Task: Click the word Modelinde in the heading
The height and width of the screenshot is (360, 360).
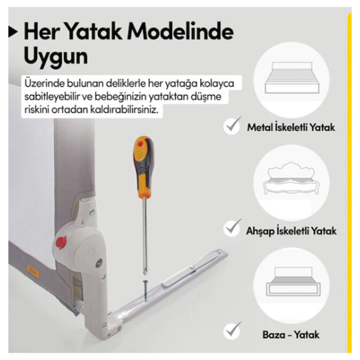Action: [180, 31]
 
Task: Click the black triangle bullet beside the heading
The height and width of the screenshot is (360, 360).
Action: [13, 31]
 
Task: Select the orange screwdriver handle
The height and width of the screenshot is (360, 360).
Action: [144, 167]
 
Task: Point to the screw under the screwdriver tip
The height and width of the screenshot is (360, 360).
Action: [145, 290]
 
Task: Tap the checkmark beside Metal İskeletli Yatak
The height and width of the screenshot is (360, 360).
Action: [233, 126]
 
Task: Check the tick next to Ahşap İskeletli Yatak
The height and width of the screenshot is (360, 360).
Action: [233, 228]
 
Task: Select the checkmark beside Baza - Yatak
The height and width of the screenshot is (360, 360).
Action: [233, 331]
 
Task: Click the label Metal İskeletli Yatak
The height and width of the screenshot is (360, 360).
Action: [291, 127]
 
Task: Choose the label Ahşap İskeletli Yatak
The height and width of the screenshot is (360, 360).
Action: [291, 231]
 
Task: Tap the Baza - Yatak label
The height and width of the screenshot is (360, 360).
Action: [291, 335]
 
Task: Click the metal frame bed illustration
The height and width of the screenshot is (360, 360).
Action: [292, 77]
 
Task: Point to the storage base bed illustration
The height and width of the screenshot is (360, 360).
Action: [293, 282]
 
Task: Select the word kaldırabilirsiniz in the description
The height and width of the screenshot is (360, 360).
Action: [124, 109]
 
